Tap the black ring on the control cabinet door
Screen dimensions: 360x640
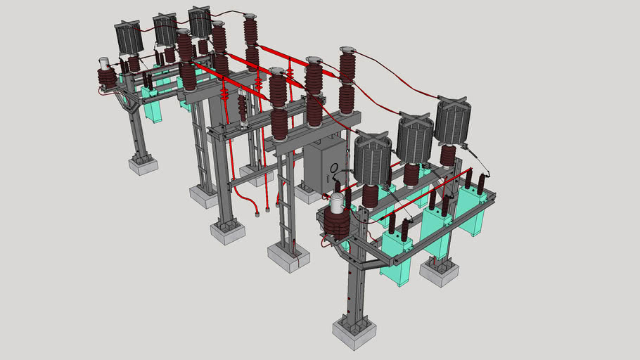point(334,168)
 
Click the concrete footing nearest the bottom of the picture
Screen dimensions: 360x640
point(354,331)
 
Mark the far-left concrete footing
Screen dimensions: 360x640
point(143,166)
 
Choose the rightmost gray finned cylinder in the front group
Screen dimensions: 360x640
point(452,121)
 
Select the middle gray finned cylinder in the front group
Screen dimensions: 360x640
point(414,139)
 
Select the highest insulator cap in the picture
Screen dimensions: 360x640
point(250,15)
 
